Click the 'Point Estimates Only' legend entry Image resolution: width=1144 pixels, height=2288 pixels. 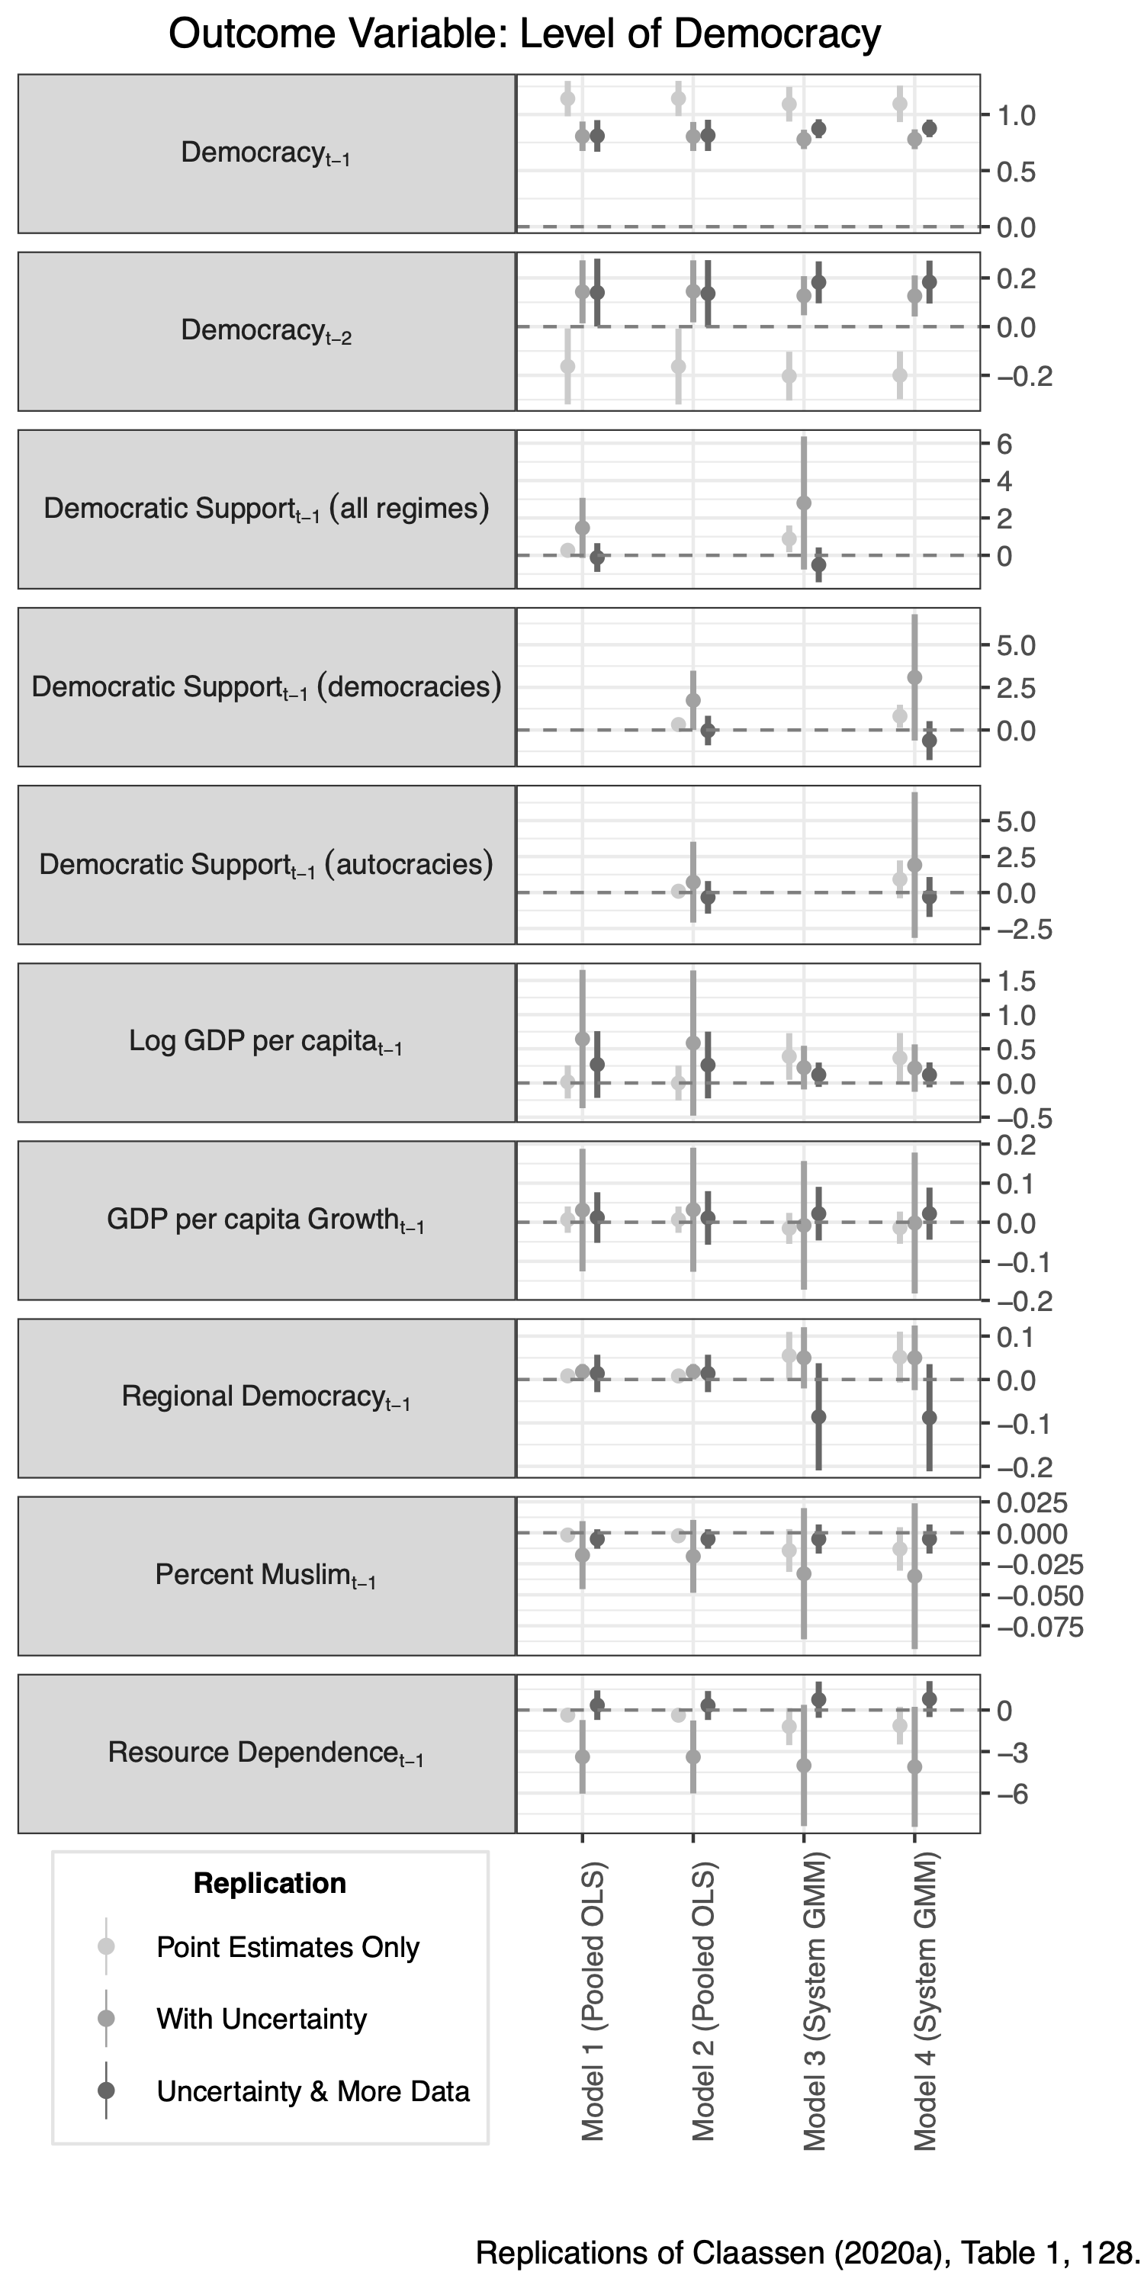click(287, 1948)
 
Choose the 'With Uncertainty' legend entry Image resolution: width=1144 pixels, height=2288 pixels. click(261, 2019)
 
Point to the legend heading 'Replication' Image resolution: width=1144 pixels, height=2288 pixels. click(269, 1883)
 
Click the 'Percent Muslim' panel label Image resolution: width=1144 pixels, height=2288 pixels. click(265, 1575)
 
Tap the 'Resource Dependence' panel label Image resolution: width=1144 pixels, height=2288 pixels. click(265, 1753)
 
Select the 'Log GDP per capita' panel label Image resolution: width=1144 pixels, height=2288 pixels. click(265, 1041)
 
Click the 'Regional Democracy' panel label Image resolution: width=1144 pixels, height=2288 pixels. click(265, 1396)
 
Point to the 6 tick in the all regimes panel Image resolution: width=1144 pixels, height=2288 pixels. click(1004, 443)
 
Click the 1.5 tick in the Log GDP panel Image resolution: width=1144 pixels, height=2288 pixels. click(1015, 982)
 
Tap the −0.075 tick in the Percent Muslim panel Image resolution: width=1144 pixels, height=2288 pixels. click(1040, 1628)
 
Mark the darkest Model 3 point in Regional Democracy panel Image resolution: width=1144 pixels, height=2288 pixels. click(819, 1417)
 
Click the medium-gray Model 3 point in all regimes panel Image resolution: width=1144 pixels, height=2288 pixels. click(804, 503)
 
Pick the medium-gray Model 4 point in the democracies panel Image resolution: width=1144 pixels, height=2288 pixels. click(915, 678)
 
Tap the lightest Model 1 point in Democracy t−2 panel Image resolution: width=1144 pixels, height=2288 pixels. click(567, 366)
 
